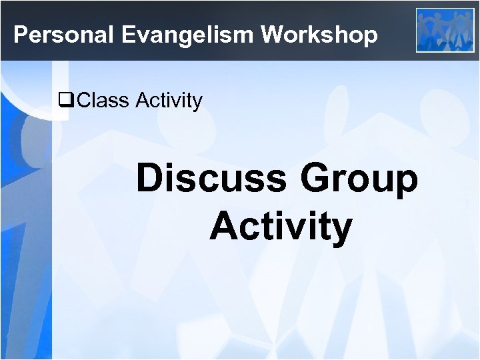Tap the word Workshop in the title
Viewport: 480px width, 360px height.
319,35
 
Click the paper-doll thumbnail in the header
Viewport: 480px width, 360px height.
445,29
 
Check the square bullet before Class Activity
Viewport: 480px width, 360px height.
66,101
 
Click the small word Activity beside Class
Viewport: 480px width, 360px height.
169,101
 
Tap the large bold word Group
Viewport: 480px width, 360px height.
361,180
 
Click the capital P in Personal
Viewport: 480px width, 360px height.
20,35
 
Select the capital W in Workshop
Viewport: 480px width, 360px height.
273,35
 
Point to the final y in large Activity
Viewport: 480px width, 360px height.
341,230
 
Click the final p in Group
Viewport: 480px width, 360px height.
406,183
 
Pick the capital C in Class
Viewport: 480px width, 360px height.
85,101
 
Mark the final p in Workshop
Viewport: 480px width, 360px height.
370,37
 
